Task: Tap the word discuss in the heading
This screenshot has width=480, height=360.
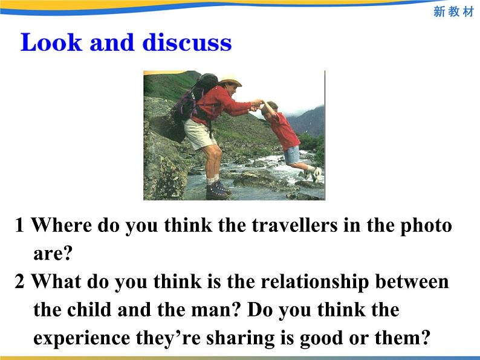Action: pos(187,43)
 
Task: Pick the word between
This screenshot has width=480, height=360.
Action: pos(413,282)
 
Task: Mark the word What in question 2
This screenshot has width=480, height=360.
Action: pos(56,282)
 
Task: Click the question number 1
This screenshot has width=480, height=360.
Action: pos(20,225)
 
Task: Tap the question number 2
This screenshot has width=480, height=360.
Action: pos(20,282)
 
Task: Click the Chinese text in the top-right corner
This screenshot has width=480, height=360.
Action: pos(453,12)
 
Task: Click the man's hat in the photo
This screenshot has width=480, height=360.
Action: pos(230,80)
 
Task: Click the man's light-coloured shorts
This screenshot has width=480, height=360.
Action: pos(199,134)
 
